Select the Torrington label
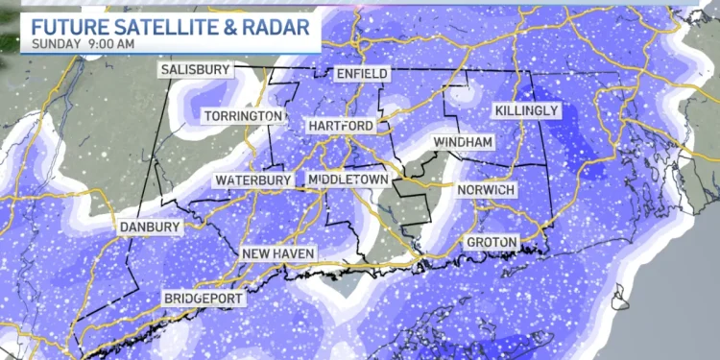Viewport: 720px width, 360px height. [243, 116]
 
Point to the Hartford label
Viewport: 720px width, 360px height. [340, 127]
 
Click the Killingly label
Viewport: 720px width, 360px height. [526, 111]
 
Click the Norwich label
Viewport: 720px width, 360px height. [487, 190]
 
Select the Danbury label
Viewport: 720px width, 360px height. [149, 228]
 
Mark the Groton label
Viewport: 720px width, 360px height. [492, 241]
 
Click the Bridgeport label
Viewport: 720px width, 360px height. [204, 298]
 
